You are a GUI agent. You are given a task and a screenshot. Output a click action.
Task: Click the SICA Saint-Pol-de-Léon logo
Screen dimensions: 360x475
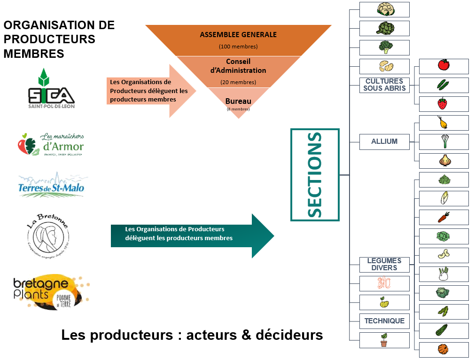click(51, 89)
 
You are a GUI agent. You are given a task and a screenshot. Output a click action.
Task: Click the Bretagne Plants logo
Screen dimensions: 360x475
click(51, 291)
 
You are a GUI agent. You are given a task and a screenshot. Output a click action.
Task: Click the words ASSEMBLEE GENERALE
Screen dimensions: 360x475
click(238, 35)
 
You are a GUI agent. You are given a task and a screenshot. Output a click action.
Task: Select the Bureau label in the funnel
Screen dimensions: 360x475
click(238, 101)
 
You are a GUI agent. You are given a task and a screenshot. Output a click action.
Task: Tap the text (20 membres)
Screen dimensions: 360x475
click(238, 82)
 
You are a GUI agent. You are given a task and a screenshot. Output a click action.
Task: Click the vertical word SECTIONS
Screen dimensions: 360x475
click(315, 175)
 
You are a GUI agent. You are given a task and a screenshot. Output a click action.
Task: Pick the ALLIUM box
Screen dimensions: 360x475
click(384, 141)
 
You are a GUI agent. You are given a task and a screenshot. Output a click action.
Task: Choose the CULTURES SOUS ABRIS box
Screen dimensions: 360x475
click(384, 85)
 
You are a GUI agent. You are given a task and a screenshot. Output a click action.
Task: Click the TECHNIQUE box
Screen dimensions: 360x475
click(384, 321)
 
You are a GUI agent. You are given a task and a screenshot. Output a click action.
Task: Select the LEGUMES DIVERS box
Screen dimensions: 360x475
click(384, 264)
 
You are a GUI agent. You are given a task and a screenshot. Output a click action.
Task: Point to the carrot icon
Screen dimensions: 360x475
click(444, 217)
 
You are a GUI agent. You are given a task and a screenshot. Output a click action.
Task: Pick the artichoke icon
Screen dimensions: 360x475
click(385, 28)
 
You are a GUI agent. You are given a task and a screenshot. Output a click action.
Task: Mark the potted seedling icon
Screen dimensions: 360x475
click(384, 340)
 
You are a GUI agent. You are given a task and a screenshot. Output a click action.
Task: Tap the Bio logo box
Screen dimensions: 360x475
click(384, 283)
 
